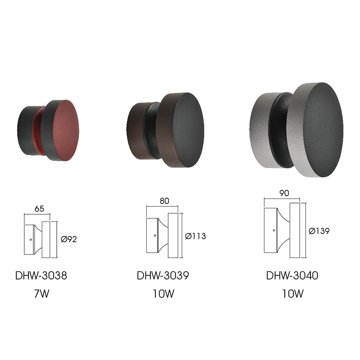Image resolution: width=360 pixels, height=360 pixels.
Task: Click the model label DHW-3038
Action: (41, 275)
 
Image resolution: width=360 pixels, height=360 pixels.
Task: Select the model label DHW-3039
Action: (163, 275)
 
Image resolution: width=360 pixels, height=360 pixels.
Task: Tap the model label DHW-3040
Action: (292, 275)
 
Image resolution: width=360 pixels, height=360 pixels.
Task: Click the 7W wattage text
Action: (42, 294)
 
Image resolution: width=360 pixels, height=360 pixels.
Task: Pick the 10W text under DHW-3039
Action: (163, 294)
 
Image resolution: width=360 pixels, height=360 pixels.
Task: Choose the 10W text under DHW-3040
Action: (293, 294)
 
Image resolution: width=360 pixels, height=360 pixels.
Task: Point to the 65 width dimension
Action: (39, 209)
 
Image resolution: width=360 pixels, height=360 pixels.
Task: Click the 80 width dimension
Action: (164, 201)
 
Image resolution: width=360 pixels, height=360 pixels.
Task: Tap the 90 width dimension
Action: (284, 193)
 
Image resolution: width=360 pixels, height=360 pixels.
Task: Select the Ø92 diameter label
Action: (69, 239)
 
